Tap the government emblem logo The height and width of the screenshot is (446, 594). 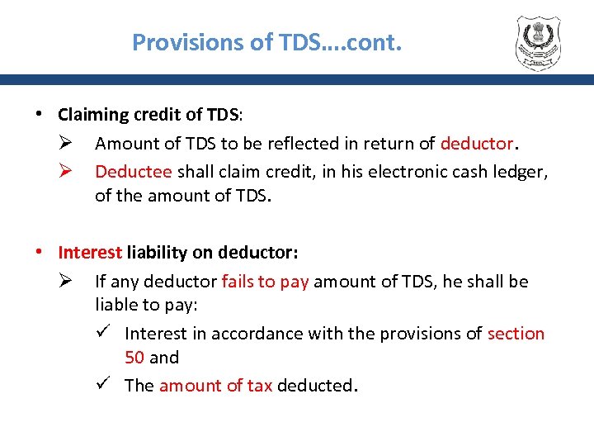(x=542, y=42)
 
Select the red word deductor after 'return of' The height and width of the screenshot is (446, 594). (x=477, y=144)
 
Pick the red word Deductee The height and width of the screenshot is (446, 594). (x=134, y=171)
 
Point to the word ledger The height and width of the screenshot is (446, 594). (x=521, y=171)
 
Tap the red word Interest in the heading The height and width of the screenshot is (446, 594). (x=90, y=252)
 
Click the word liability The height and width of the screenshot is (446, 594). (x=157, y=252)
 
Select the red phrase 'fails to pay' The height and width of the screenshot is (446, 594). (x=265, y=282)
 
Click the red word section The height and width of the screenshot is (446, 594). (x=516, y=334)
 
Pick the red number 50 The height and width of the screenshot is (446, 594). (x=134, y=358)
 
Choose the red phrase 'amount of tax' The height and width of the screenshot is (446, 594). (x=215, y=386)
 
